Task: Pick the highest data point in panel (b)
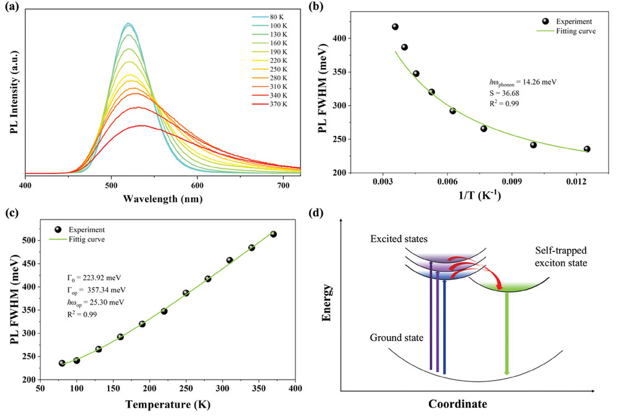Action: click(x=395, y=27)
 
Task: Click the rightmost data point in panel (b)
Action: click(x=587, y=149)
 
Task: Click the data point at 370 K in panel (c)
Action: click(x=273, y=234)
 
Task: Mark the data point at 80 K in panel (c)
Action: click(x=62, y=363)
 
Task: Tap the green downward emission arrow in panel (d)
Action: click(x=507, y=334)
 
